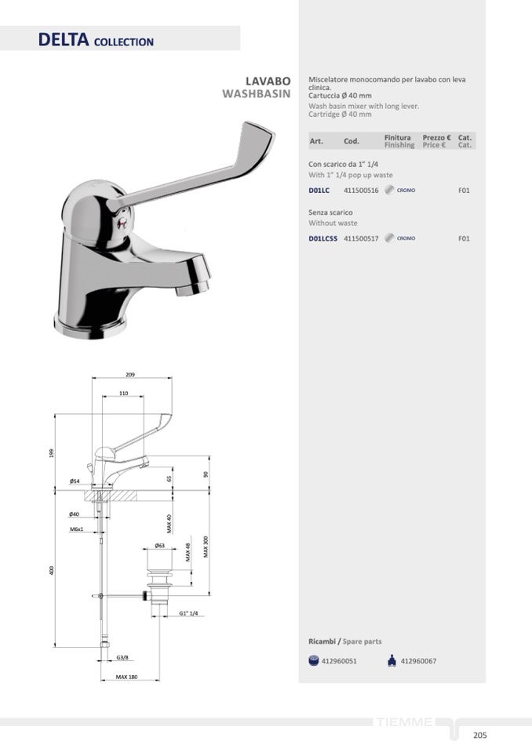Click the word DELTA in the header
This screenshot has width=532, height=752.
tap(64, 40)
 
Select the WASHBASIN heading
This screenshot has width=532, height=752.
tap(256, 93)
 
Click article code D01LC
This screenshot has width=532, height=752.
tap(319, 191)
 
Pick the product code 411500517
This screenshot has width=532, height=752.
tap(361, 238)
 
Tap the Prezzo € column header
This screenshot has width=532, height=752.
tap(436, 138)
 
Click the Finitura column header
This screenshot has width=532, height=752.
tap(397, 138)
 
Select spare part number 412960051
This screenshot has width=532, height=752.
tap(339, 661)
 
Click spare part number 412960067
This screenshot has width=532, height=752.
tap(418, 661)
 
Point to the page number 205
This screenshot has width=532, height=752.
tap(479, 735)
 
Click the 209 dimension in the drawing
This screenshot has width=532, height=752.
tap(130, 375)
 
